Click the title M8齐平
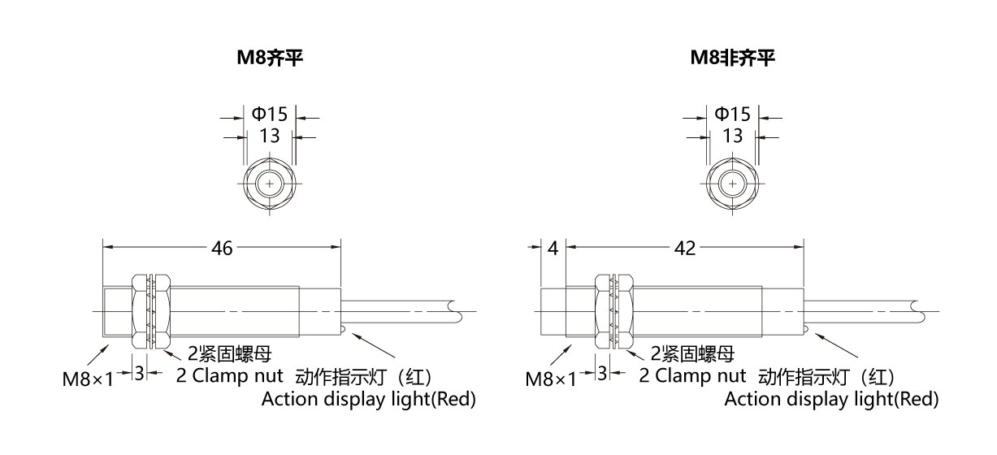coord(270,58)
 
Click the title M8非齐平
coord(733,58)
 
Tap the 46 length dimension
coord(222,248)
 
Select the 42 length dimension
coord(684,248)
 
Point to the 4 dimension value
coord(553,248)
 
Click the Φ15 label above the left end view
coord(270,114)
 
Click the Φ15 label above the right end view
coord(733,114)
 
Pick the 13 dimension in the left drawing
coord(270,136)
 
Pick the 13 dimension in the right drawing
coord(733,136)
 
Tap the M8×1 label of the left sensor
coord(88,379)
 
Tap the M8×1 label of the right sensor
coord(551,379)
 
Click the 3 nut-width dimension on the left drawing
coord(139,373)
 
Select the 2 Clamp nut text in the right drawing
coord(692,375)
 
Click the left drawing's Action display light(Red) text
coord(369,399)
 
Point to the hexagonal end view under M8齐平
coord(270,184)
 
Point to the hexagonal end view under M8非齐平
coord(733,184)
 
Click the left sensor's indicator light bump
coord(343,329)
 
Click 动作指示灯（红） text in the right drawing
coord(826,378)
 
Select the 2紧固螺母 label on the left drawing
coord(230,353)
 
